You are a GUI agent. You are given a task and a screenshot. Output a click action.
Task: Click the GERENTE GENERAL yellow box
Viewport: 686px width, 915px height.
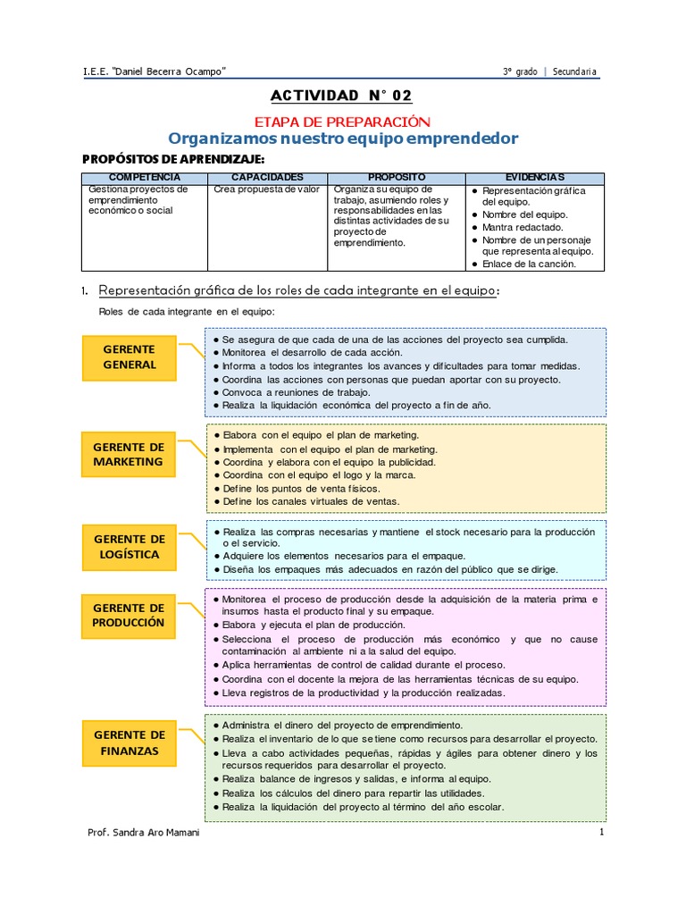[129, 357]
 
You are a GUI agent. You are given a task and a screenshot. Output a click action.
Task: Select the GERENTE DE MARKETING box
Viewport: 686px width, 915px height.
[129, 454]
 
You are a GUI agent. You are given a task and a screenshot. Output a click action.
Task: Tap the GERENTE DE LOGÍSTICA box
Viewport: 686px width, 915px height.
[129, 547]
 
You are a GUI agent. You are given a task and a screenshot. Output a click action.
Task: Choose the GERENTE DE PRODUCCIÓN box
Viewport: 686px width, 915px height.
[129, 616]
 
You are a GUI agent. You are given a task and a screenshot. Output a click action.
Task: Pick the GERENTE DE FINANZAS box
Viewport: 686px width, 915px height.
[129, 743]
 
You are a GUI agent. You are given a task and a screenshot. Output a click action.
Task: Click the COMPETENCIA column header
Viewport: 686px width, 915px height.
[145, 178]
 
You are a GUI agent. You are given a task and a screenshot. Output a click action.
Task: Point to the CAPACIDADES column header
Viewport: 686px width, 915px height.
[268, 178]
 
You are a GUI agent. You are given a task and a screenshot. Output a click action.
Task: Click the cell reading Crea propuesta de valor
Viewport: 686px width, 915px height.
[266, 190]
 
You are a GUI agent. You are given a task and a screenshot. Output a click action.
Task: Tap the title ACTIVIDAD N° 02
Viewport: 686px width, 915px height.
[342, 97]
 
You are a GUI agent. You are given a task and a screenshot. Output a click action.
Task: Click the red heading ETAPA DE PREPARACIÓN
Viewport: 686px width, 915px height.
[342, 122]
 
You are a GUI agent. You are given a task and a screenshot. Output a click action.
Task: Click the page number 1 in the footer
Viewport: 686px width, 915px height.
[602, 833]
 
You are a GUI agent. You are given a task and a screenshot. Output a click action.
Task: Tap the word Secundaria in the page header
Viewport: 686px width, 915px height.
[575, 71]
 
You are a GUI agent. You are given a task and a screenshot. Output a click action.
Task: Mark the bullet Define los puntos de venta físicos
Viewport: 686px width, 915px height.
[301, 489]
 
